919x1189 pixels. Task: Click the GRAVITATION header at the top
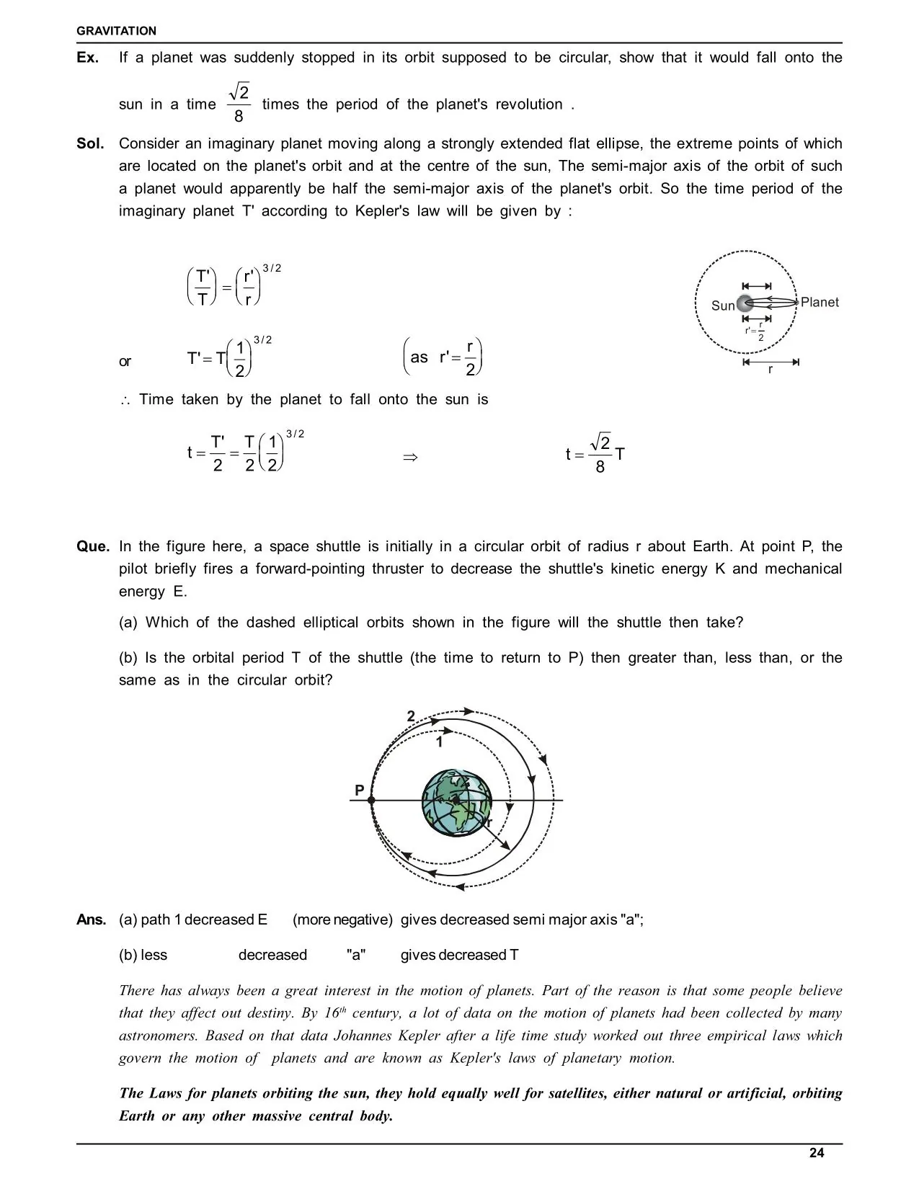116,31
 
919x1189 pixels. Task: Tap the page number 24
816,1153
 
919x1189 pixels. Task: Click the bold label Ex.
87,58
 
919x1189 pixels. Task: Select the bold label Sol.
90,143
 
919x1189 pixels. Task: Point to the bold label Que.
93,546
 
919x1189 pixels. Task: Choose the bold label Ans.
92,919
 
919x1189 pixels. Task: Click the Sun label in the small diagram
722,306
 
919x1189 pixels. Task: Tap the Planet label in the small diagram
820,302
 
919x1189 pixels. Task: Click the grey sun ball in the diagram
744,303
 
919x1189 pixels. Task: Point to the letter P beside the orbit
359,791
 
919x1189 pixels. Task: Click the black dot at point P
371,800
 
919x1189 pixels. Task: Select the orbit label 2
411,716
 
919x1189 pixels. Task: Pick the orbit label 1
439,741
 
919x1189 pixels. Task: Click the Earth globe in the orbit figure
456,803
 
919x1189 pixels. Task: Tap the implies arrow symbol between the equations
410,457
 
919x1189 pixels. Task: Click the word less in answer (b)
154,955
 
